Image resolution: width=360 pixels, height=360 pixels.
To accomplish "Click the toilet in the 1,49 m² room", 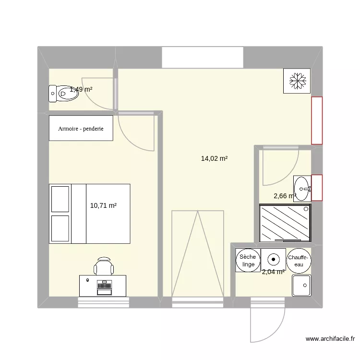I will point(62,93).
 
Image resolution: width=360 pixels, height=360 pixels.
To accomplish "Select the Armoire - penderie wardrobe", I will point(81,128).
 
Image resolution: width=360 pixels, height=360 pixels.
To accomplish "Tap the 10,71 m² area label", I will point(103,205).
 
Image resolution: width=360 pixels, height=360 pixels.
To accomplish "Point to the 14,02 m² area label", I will point(214,158).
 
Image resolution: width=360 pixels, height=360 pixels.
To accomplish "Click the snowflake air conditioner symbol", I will point(297,80).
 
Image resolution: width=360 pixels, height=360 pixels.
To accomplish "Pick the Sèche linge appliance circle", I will point(248,261).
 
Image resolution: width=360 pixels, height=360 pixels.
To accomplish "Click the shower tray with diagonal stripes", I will point(285,223).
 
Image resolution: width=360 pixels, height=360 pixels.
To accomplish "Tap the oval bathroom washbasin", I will point(301,187).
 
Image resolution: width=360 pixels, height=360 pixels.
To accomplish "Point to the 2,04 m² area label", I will point(273,272).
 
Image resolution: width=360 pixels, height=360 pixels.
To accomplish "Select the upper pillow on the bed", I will point(60,198).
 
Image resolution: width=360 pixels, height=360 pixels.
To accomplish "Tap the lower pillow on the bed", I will point(60,228).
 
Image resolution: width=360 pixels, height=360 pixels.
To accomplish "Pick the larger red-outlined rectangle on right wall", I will point(317,120).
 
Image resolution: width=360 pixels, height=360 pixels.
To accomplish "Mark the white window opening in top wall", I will point(203,58).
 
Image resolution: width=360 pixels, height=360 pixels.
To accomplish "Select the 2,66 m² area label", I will point(284,196).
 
